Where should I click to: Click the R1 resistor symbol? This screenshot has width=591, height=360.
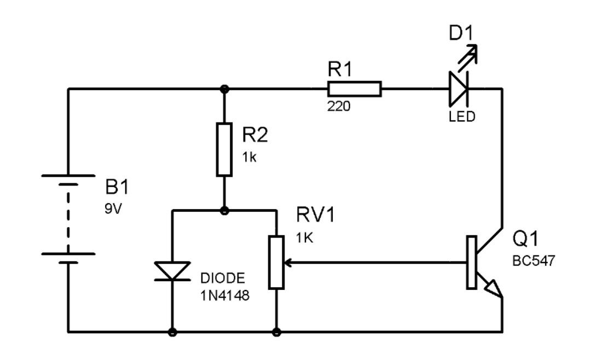(354, 89)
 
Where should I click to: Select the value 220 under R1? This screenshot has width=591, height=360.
(339, 106)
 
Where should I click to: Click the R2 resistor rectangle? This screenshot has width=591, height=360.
(224, 149)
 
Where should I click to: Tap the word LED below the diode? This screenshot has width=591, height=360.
(462, 117)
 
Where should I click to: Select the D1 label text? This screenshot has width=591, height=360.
(461, 34)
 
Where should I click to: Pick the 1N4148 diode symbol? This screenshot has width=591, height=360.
(173, 271)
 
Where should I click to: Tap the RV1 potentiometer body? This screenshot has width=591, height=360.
(276, 263)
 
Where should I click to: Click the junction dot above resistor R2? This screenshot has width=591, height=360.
(224, 89)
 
